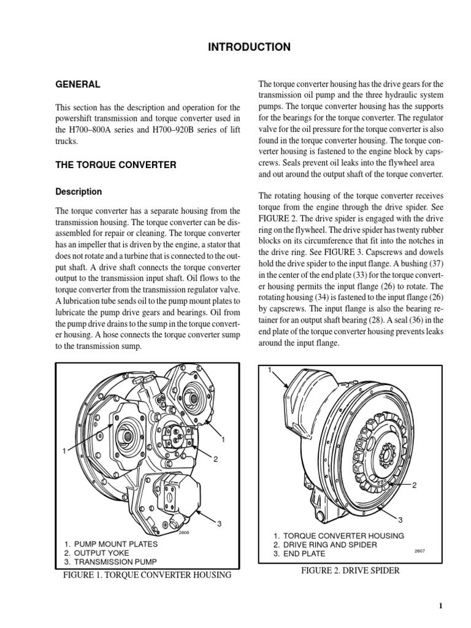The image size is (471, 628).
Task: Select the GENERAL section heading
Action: (78, 84)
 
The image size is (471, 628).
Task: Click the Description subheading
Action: (79, 191)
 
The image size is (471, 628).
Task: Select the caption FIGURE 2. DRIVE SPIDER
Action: (350, 570)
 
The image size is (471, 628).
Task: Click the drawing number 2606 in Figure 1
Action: (185, 533)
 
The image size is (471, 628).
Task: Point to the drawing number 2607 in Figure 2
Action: (419, 551)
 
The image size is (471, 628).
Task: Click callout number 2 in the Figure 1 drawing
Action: (215, 460)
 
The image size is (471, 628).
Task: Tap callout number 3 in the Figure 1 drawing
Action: (218, 523)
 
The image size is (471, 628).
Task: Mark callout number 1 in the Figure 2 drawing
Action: (269, 369)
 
